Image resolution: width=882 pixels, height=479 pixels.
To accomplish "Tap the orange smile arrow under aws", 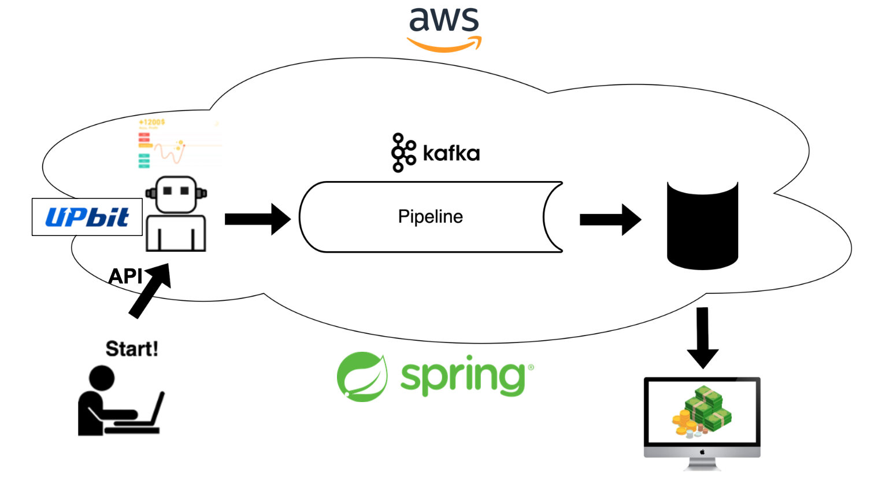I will point(444,45).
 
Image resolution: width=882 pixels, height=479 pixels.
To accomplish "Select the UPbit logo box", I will point(87,217).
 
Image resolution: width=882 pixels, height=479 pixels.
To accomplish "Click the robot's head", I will point(176,194).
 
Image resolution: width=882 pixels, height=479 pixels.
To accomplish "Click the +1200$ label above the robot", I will point(152,122).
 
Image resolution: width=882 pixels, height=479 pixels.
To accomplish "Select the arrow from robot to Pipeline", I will point(257,219).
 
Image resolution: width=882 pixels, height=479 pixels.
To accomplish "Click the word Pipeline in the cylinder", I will point(430,216).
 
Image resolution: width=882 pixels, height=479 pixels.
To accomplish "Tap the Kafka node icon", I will point(403,153).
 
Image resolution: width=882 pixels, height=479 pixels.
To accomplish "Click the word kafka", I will point(451,153).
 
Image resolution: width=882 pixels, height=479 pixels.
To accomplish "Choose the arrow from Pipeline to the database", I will point(610,220).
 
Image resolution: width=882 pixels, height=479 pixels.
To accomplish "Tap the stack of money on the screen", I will point(702,411).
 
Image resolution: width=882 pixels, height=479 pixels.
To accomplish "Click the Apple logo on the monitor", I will point(702,452).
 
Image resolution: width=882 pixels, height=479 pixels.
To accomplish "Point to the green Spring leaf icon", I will point(362,377).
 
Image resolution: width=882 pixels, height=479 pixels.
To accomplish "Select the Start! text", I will point(132,349).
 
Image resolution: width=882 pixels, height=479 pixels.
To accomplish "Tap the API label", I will point(125,276).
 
